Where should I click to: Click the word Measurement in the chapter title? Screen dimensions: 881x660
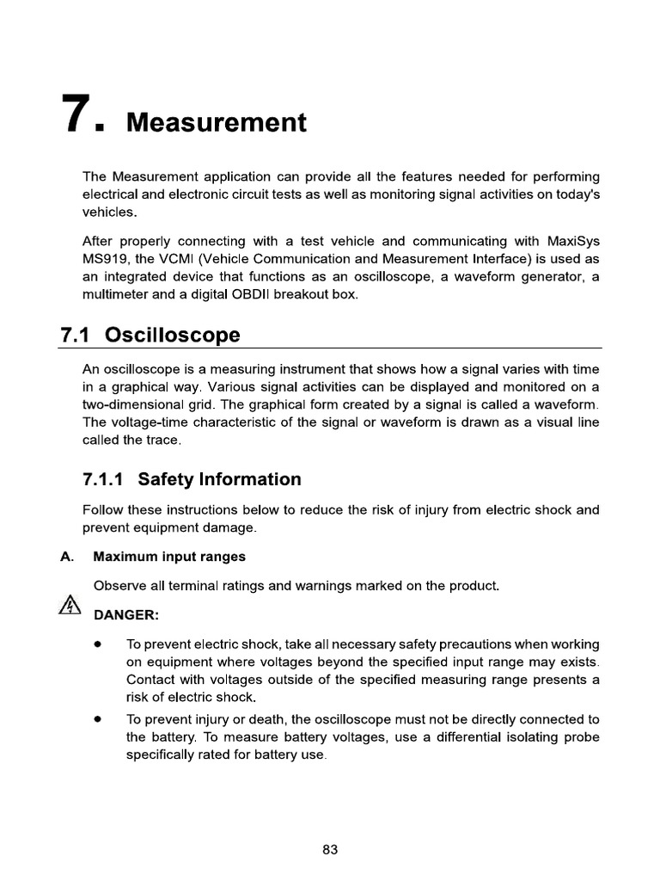[x=216, y=122]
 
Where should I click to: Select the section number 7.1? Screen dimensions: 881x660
[x=80, y=334]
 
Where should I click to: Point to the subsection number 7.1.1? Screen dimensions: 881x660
[x=104, y=479]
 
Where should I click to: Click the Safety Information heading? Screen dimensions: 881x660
[x=219, y=479]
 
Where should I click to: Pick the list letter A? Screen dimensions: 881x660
[x=65, y=557]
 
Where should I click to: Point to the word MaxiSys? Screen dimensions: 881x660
[x=573, y=241]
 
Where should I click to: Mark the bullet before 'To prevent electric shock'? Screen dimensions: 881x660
[x=99, y=644]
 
